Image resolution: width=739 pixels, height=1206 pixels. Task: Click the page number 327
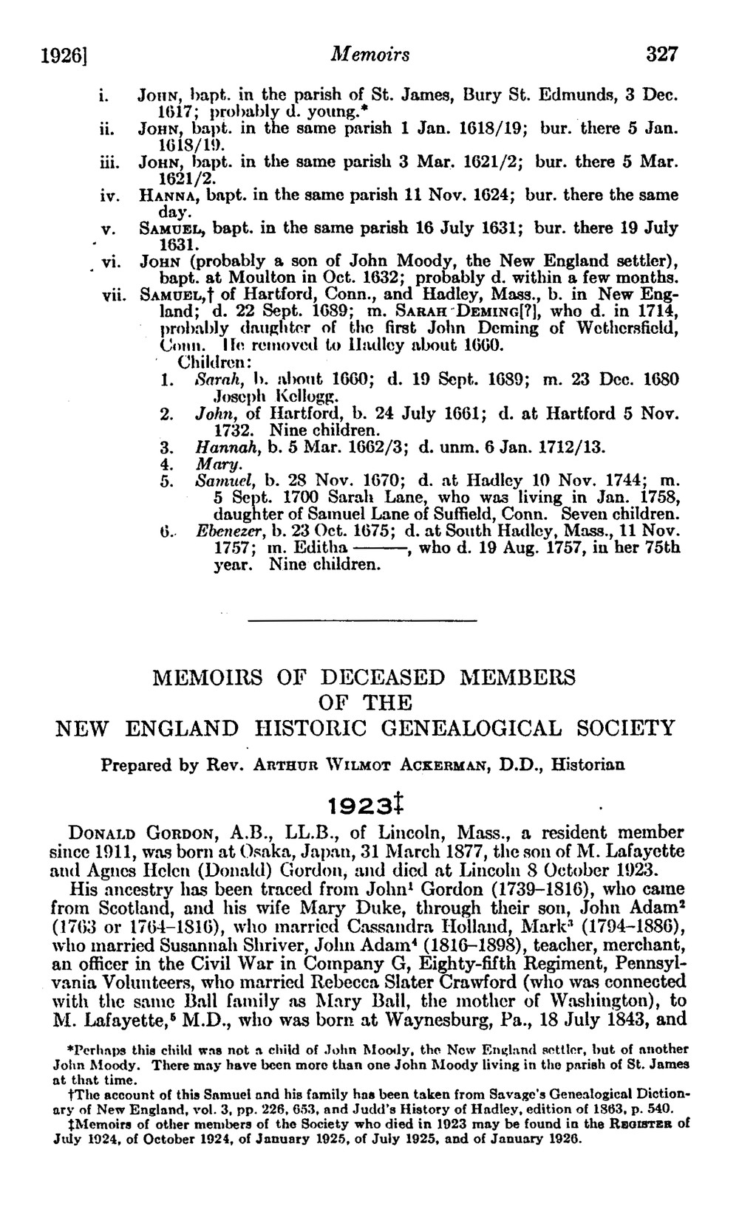pos(661,55)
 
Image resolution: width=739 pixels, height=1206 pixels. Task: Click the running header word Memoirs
pos(371,55)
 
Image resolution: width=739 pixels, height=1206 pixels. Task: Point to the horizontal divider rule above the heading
pos(367,620)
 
